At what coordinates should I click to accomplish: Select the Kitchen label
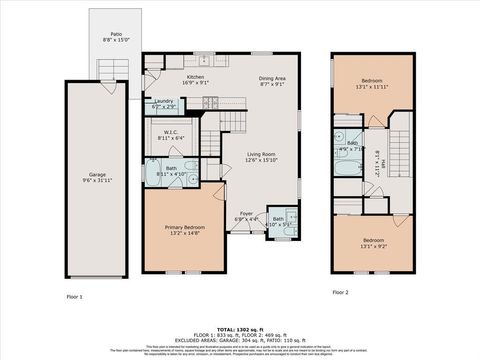point(195,77)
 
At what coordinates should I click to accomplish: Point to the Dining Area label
point(273,77)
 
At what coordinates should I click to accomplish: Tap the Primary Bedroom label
point(185,227)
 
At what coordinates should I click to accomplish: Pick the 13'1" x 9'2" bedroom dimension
point(373,246)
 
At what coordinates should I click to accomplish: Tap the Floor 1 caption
point(75,296)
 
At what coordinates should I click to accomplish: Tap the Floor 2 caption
point(341,292)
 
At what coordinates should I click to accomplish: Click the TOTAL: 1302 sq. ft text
point(240,326)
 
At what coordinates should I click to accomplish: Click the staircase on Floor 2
point(401,134)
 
